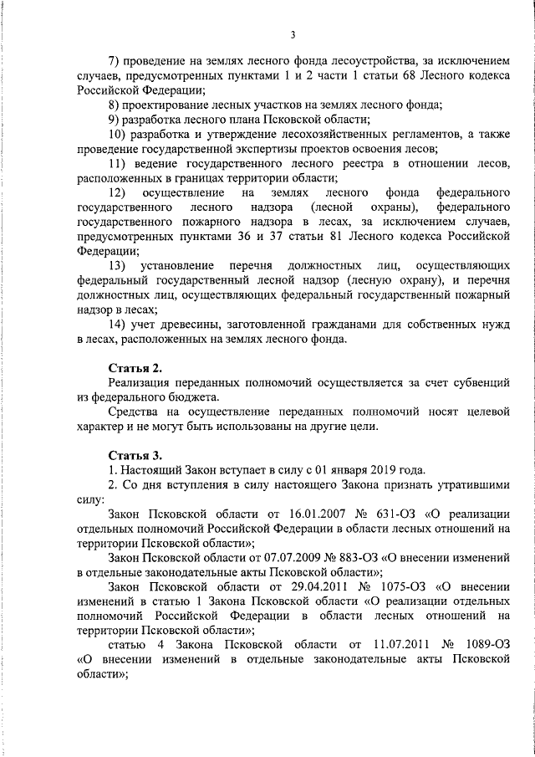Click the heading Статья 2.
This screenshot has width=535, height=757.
135,368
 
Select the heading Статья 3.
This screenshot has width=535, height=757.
135,455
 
